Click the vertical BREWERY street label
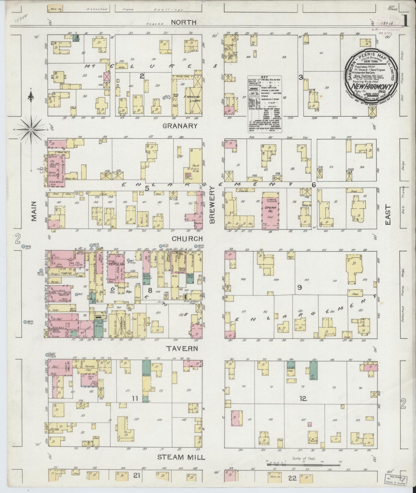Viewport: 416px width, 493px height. click(x=212, y=204)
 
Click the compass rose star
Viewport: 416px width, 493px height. click(x=31, y=130)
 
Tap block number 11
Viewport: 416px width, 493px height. click(x=135, y=399)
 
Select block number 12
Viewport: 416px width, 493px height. click(x=303, y=399)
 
